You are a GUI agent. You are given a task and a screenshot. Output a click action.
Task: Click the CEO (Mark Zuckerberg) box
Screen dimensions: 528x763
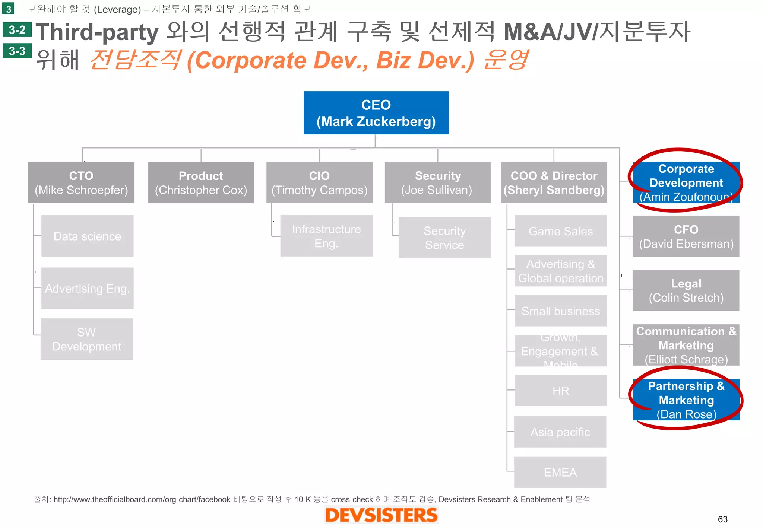pos(376,113)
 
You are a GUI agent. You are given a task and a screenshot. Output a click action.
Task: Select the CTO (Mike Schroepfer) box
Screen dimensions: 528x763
pos(81,182)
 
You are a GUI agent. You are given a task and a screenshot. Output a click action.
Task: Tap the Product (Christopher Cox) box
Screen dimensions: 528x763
pos(201,182)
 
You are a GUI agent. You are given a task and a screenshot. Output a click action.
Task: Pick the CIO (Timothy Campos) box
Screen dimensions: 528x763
pos(319,182)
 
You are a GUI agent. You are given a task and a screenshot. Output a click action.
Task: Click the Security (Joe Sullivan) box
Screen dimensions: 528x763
pos(438,182)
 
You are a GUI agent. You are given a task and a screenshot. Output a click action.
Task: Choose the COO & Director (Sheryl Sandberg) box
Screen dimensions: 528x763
pos(554,182)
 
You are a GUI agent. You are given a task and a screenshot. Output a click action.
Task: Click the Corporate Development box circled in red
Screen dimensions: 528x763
pos(686,182)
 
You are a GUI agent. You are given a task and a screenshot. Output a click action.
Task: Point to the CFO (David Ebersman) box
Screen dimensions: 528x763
pos(686,236)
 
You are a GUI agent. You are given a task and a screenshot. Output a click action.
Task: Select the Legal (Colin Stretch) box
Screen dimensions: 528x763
pos(686,290)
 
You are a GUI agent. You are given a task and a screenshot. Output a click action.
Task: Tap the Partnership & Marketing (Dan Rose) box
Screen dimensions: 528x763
pos(686,400)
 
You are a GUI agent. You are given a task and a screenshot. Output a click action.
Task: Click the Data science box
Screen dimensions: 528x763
pos(87,236)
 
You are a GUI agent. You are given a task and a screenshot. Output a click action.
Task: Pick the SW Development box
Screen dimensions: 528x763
pos(86,339)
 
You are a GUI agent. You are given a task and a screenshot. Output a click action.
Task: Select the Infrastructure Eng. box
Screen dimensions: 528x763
pos(326,236)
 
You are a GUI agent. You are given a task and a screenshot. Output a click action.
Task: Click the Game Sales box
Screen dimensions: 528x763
pos(560,231)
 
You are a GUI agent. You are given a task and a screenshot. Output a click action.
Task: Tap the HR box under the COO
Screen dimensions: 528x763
pos(560,391)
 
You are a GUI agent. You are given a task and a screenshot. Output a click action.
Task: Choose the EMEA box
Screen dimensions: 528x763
pos(560,472)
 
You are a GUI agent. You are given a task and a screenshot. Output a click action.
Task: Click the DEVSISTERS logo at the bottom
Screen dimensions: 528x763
pos(381,515)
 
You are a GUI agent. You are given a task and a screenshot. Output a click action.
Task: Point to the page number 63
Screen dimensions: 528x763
pos(722,519)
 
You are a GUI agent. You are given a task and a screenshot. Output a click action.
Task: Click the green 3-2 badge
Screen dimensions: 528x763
pos(17,30)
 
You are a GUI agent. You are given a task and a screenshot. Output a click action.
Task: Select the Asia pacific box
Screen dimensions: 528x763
pos(560,432)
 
